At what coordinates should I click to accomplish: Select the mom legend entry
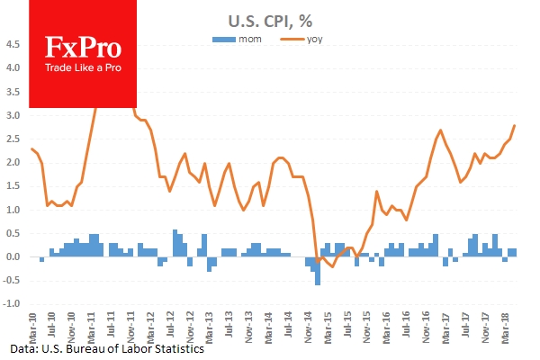(239, 40)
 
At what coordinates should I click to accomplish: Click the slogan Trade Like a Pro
(83, 69)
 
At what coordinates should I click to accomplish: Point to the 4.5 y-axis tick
(14, 44)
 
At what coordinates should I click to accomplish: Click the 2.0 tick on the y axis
(14, 162)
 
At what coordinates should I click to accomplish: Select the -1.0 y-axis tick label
(13, 303)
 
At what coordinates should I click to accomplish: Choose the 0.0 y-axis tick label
(14, 256)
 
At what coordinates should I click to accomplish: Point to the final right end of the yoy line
(515, 125)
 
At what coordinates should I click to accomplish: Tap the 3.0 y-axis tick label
(14, 115)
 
